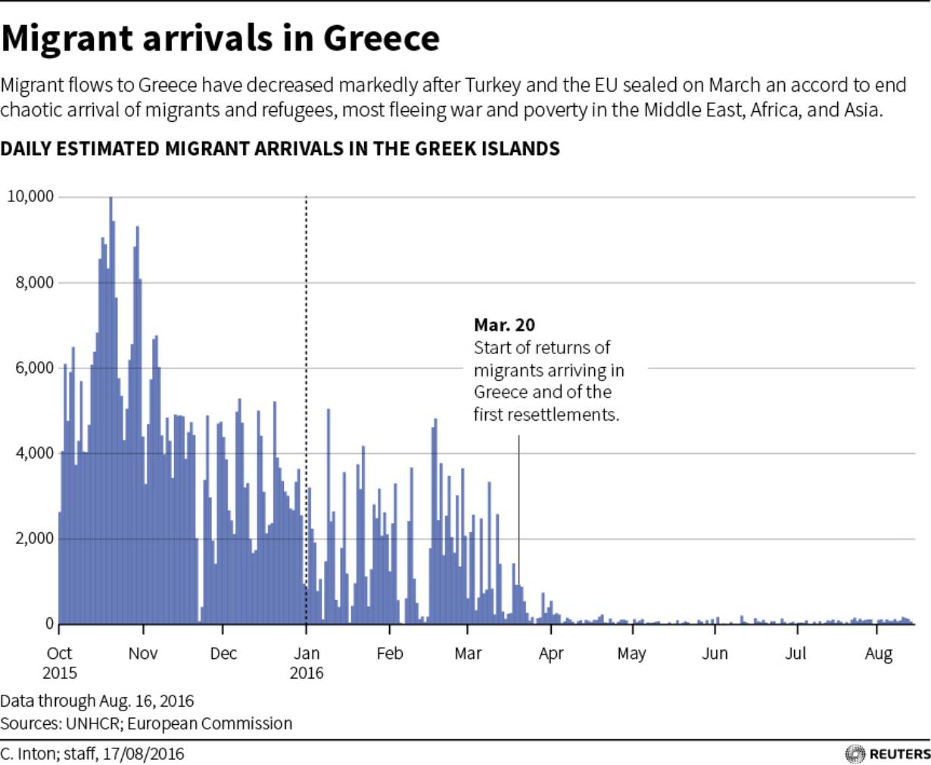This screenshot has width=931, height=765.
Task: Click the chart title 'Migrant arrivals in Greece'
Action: click(220, 39)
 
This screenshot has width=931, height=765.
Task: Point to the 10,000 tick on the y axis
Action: click(30, 197)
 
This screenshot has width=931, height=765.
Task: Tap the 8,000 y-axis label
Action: click(34, 283)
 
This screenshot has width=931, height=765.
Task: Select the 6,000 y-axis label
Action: click(34, 369)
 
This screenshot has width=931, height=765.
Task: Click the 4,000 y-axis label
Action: click(34, 454)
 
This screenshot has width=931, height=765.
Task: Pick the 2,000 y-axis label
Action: click(34, 539)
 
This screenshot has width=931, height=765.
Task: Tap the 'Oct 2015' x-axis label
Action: click(59, 662)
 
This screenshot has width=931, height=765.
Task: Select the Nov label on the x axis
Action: click(143, 653)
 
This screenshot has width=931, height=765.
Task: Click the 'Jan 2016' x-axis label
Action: click(306, 662)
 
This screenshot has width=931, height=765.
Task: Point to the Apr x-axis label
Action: click(551, 653)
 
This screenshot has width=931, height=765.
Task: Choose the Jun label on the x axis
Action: click(715, 653)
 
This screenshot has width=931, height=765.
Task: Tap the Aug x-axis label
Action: click(878, 653)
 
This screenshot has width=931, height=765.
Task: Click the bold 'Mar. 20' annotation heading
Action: click(504, 325)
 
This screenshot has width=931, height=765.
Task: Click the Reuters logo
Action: click(887, 754)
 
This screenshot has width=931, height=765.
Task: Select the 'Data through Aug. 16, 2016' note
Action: click(97, 701)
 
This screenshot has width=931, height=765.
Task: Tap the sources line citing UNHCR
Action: click(146, 723)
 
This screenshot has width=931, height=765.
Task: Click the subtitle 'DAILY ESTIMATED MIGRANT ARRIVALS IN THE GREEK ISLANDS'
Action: click(280, 148)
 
